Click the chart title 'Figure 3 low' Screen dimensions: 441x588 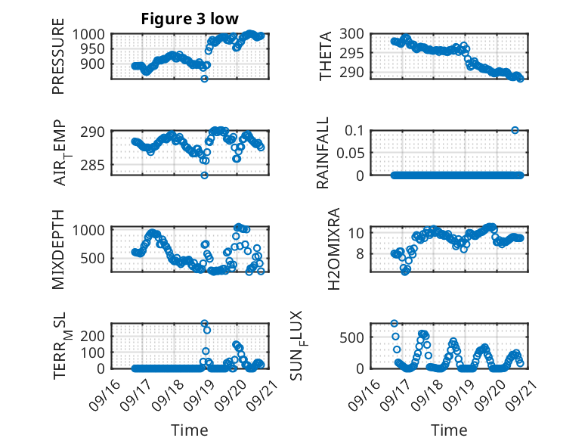(x=190, y=19)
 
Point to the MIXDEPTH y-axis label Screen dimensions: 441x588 (x=58, y=250)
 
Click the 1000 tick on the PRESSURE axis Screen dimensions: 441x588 (x=91, y=34)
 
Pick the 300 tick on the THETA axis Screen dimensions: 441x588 (x=354, y=33)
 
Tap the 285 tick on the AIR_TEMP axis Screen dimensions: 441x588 (x=96, y=165)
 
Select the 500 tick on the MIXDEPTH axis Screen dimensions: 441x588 (x=96, y=258)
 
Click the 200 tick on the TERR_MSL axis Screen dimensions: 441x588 (x=96, y=335)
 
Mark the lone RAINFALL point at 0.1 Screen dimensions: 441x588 (x=515, y=130)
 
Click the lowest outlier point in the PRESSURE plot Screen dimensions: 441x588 (x=204, y=78)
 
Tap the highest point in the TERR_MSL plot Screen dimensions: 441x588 (x=204, y=324)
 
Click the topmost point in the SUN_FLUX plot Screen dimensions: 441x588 (x=395, y=324)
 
